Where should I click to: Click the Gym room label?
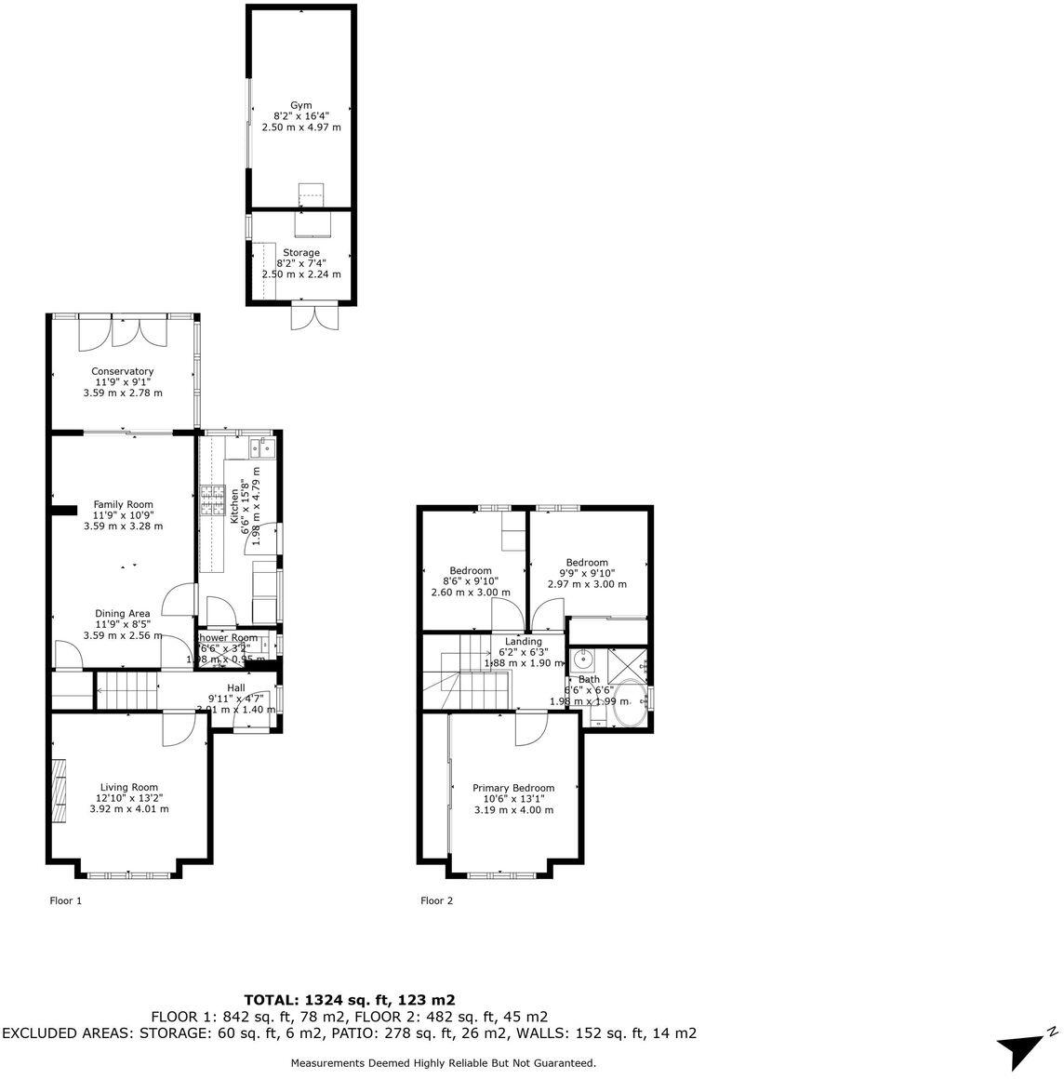tap(300, 105)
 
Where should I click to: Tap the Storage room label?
tap(301, 252)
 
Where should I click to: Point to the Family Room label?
tap(123, 504)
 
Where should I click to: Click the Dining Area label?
tap(123, 613)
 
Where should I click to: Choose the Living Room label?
tap(129, 786)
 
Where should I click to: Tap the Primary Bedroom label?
tap(513, 787)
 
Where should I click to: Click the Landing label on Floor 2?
tap(524, 641)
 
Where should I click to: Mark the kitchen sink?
tap(260, 449)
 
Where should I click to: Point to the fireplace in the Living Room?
tap(60, 790)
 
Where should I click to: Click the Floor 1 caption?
tap(65, 900)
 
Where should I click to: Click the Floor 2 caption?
tap(436, 900)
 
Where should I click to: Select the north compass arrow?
tap(1026, 1048)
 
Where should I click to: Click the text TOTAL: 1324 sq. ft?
tap(349, 1000)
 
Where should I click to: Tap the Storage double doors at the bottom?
tap(311, 316)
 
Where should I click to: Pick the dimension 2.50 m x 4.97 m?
tap(301, 127)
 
